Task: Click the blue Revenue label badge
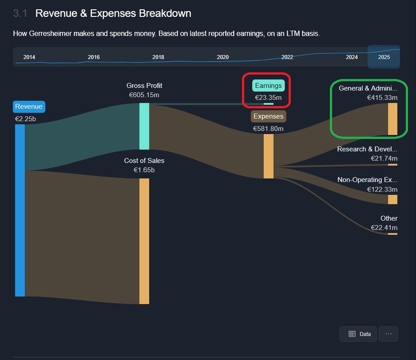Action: [x=29, y=107]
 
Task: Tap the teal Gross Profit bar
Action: [x=144, y=126]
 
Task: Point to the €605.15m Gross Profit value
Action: [x=144, y=95]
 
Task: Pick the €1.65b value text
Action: [x=144, y=170]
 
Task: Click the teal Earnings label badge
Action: [x=268, y=86]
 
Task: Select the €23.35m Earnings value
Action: [x=268, y=98]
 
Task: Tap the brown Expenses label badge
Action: [x=268, y=116]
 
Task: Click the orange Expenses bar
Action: [x=268, y=156]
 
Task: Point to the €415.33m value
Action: [x=382, y=98]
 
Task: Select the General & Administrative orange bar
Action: [x=392, y=119]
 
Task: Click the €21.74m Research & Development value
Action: [x=384, y=158]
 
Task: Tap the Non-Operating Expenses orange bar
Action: [x=392, y=199]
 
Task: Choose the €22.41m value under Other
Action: [x=384, y=228]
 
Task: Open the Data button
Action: [x=358, y=334]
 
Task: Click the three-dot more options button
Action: [x=388, y=334]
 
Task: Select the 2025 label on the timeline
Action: [x=384, y=57]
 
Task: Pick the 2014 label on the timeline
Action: [x=29, y=57]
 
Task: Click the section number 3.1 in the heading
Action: [x=20, y=13]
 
